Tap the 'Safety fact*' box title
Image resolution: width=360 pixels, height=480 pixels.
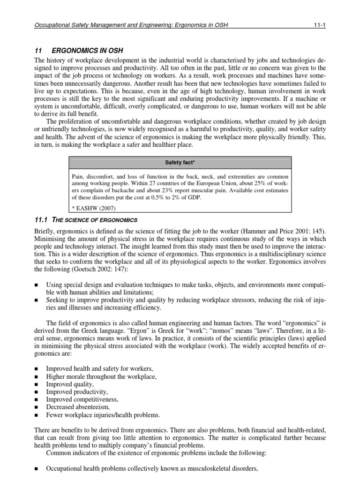pos(180,163)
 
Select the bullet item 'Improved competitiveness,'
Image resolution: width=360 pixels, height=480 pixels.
pos(82,399)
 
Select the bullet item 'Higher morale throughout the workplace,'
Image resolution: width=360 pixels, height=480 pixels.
pos(101,376)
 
